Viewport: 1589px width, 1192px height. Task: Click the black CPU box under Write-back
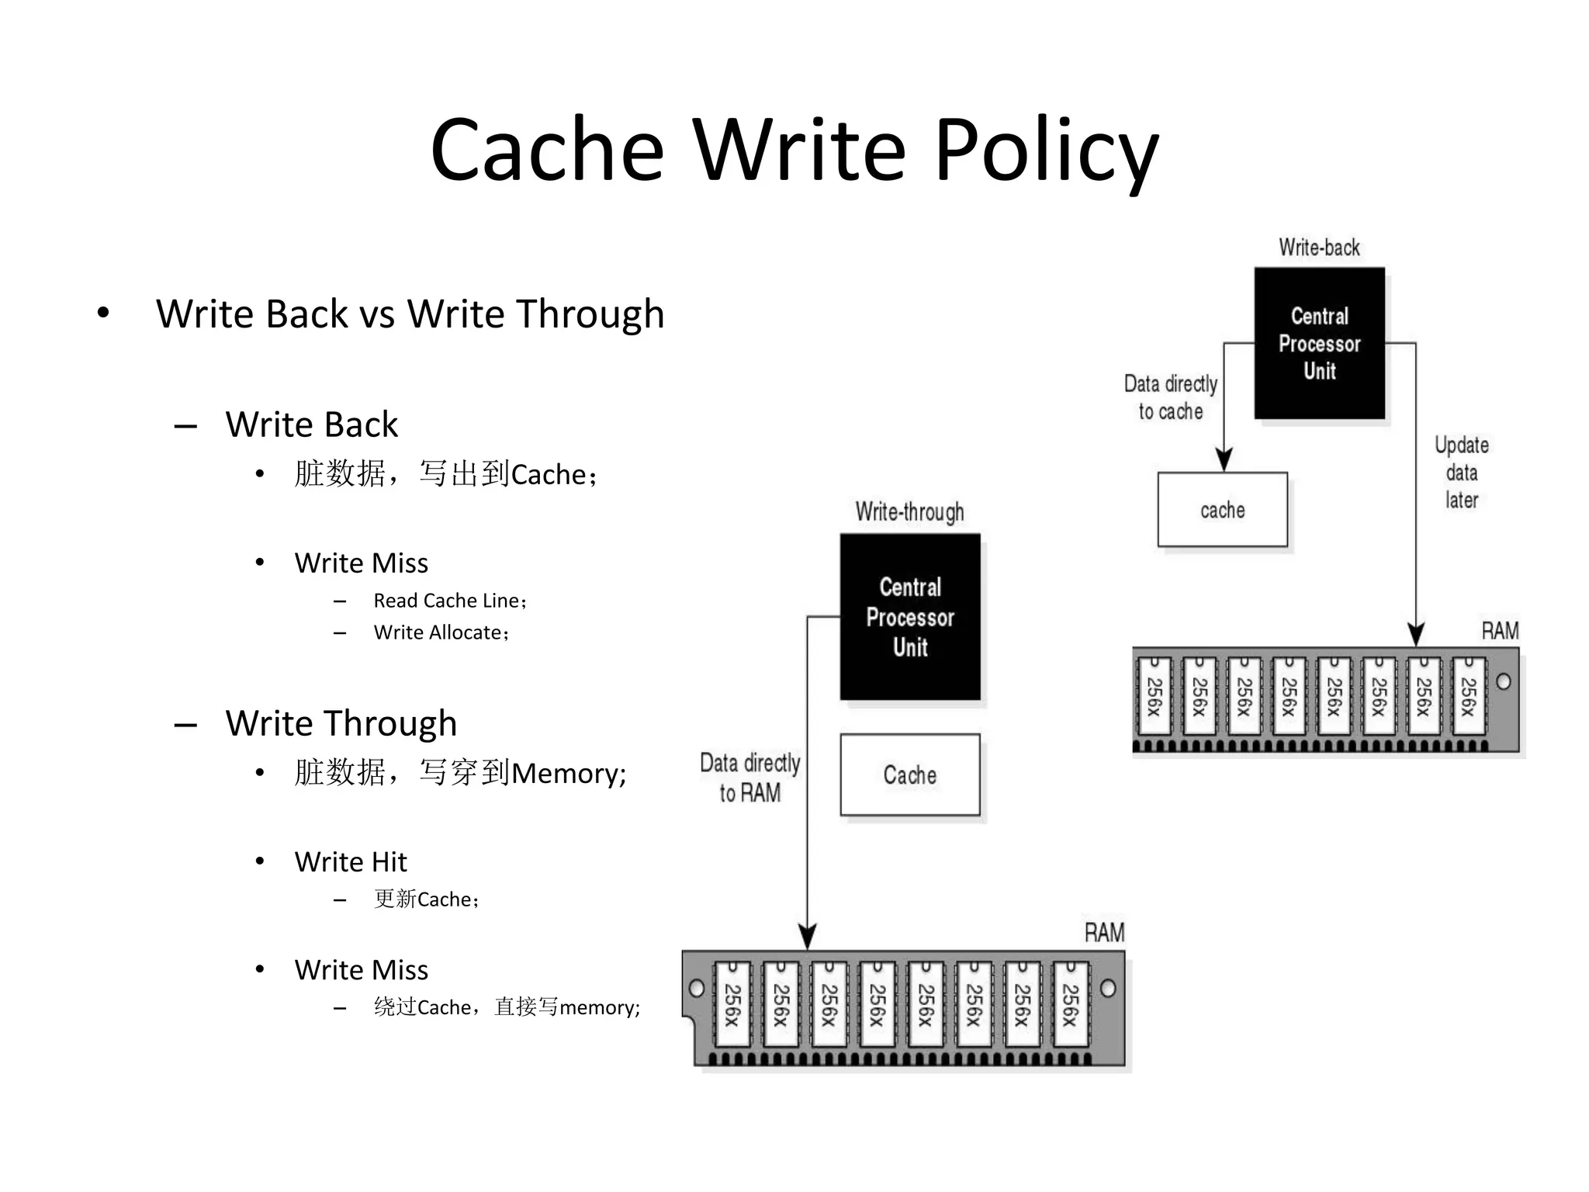[x=1319, y=343]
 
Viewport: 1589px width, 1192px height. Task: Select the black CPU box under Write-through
[x=910, y=617]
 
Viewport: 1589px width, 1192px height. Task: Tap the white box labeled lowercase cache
[x=1222, y=510]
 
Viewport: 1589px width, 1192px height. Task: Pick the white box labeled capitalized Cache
[x=910, y=774]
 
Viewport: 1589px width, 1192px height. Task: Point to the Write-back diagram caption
[x=1319, y=248]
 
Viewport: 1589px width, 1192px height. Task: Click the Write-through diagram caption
[x=910, y=512]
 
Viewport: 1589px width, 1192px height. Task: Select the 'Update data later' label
[x=1462, y=473]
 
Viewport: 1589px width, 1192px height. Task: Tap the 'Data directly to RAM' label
[x=749, y=778]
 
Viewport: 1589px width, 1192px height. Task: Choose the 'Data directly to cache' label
[x=1171, y=397]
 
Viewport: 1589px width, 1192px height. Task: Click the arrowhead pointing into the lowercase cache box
[x=1224, y=460]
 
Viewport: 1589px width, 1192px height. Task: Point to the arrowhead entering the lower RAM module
[x=808, y=937]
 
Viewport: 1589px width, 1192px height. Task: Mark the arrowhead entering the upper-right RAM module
[x=1416, y=635]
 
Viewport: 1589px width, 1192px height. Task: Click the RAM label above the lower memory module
[x=1104, y=932]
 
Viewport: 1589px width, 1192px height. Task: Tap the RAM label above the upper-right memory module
[x=1500, y=631]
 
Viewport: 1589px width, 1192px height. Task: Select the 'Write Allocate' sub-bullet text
[x=440, y=632]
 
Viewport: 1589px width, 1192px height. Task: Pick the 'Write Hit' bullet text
[x=351, y=861]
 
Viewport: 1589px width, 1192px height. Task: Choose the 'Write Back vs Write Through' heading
[x=410, y=314]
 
